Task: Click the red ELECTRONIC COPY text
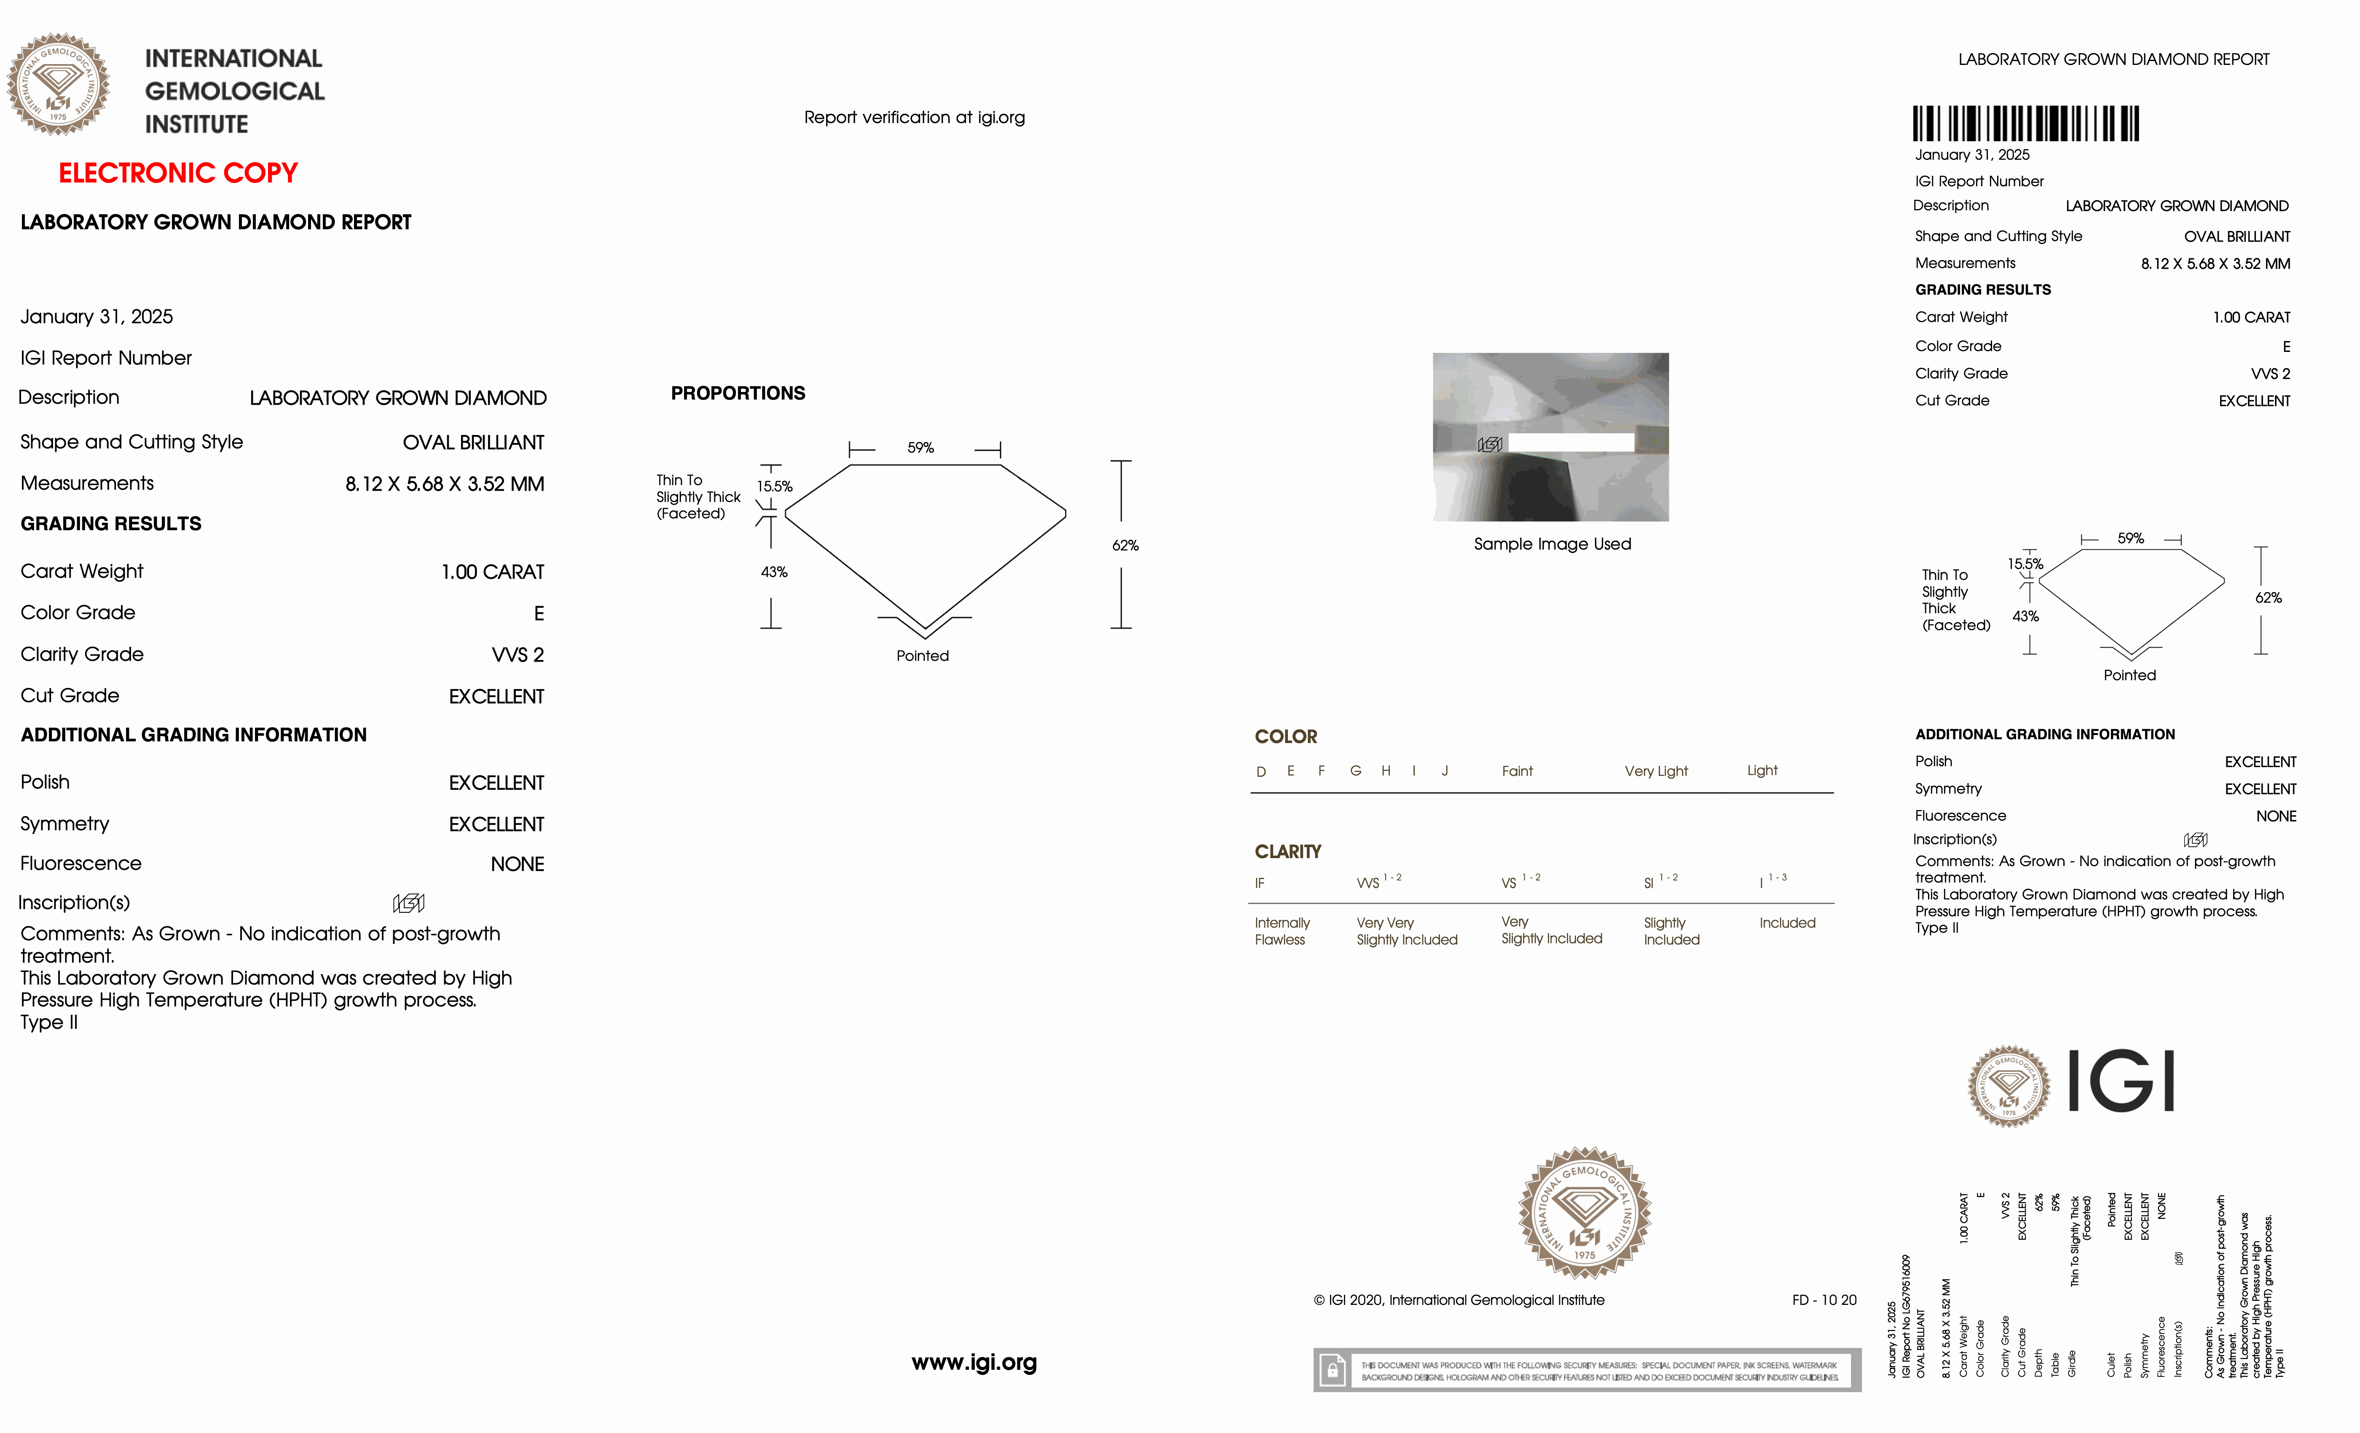pyautogui.click(x=178, y=173)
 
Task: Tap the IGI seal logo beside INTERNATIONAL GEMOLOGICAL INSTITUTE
pyautogui.click(x=59, y=84)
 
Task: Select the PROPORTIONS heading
pyautogui.click(x=737, y=394)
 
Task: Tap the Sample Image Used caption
pyautogui.click(x=1552, y=544)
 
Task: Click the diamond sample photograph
pyautogui.click(x=1550, y=437)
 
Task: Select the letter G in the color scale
pyautogui.click(x=1355, y=771)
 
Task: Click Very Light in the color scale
pyautogui.click(x=1655, y=771)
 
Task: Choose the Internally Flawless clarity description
pyautogui.click(x=1282, y=931)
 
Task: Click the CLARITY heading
pyautogui.click(x=1287, y=851)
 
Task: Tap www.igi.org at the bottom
pyautogui.click(x=974, y=1362)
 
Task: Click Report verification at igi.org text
pyautogui.click(x=914, y=118)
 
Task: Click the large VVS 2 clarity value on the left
pyautogui.click(x=517, y=655)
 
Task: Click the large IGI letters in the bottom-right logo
pyautogui.click(x=2121, y=1081)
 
